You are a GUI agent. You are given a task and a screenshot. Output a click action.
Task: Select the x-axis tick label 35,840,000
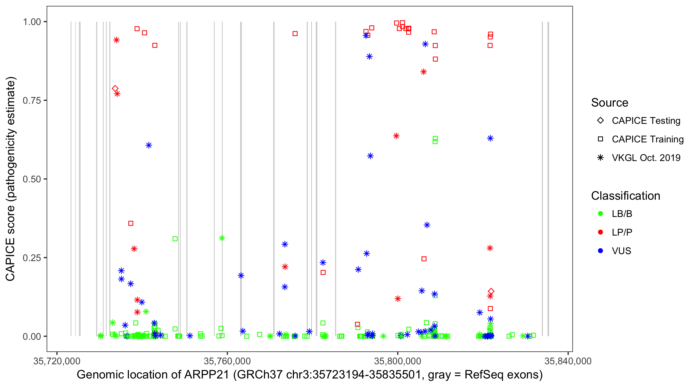pyautogui.click(x=568, y=361)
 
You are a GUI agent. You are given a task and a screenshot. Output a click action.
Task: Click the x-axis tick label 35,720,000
pyautogui.click(x=57, y=361)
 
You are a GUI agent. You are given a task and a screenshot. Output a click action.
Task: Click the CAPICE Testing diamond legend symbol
pyautogui.click(x=600, y=120)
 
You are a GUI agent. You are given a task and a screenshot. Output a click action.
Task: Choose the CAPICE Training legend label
pyautogui.click(x=648, y=139)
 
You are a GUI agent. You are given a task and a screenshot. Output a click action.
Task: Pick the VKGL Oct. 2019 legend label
pyautogui.click(x=646, y=158)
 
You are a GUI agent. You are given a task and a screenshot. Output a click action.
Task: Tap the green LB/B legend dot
pyautogui.click(x=600, y=214)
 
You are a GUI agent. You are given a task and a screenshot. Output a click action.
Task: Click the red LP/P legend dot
pyautogui.click(x=600, y=232)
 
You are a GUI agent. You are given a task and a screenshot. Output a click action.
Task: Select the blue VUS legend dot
pyautogui.click(x=600, y=251)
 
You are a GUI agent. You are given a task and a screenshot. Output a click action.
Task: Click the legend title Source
pyautogui.click(x=610, y=102)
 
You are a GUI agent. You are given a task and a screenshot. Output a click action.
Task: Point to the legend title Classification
pyautogui.click(x=625, y=196)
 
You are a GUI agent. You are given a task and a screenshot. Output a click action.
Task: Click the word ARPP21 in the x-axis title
pyautogui.click(x=207, y=375)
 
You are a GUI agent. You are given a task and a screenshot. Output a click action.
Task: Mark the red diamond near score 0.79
pyautogui.click(x=115, y=88)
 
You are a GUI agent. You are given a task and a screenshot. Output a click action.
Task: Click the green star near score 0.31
pyautogui.click(x=222, y=238)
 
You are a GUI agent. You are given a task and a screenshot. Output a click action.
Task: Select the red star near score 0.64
pyautogui.click(x=396, y=136)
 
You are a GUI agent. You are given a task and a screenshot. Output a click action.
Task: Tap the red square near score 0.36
pyautogui.click(x=131, y=223)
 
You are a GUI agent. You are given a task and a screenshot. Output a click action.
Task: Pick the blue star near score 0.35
pyautogui.click(x=427, y=225)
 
